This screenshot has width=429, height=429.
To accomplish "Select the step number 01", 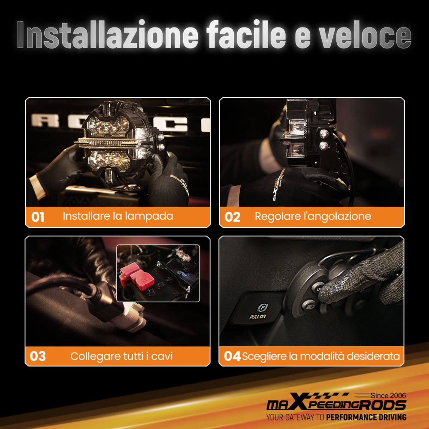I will [38, 217].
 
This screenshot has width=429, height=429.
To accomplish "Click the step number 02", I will [233, 217].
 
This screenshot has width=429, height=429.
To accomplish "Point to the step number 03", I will [38, 356].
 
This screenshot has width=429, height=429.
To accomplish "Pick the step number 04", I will [232, 356].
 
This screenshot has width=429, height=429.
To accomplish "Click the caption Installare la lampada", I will [118, 216].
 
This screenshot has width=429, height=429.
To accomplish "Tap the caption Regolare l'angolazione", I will [313, 216].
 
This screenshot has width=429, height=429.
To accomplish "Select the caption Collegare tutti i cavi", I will [121, 356].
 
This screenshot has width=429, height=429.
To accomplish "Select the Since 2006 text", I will [388, 395].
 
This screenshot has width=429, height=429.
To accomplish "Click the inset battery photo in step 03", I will [158, 273].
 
